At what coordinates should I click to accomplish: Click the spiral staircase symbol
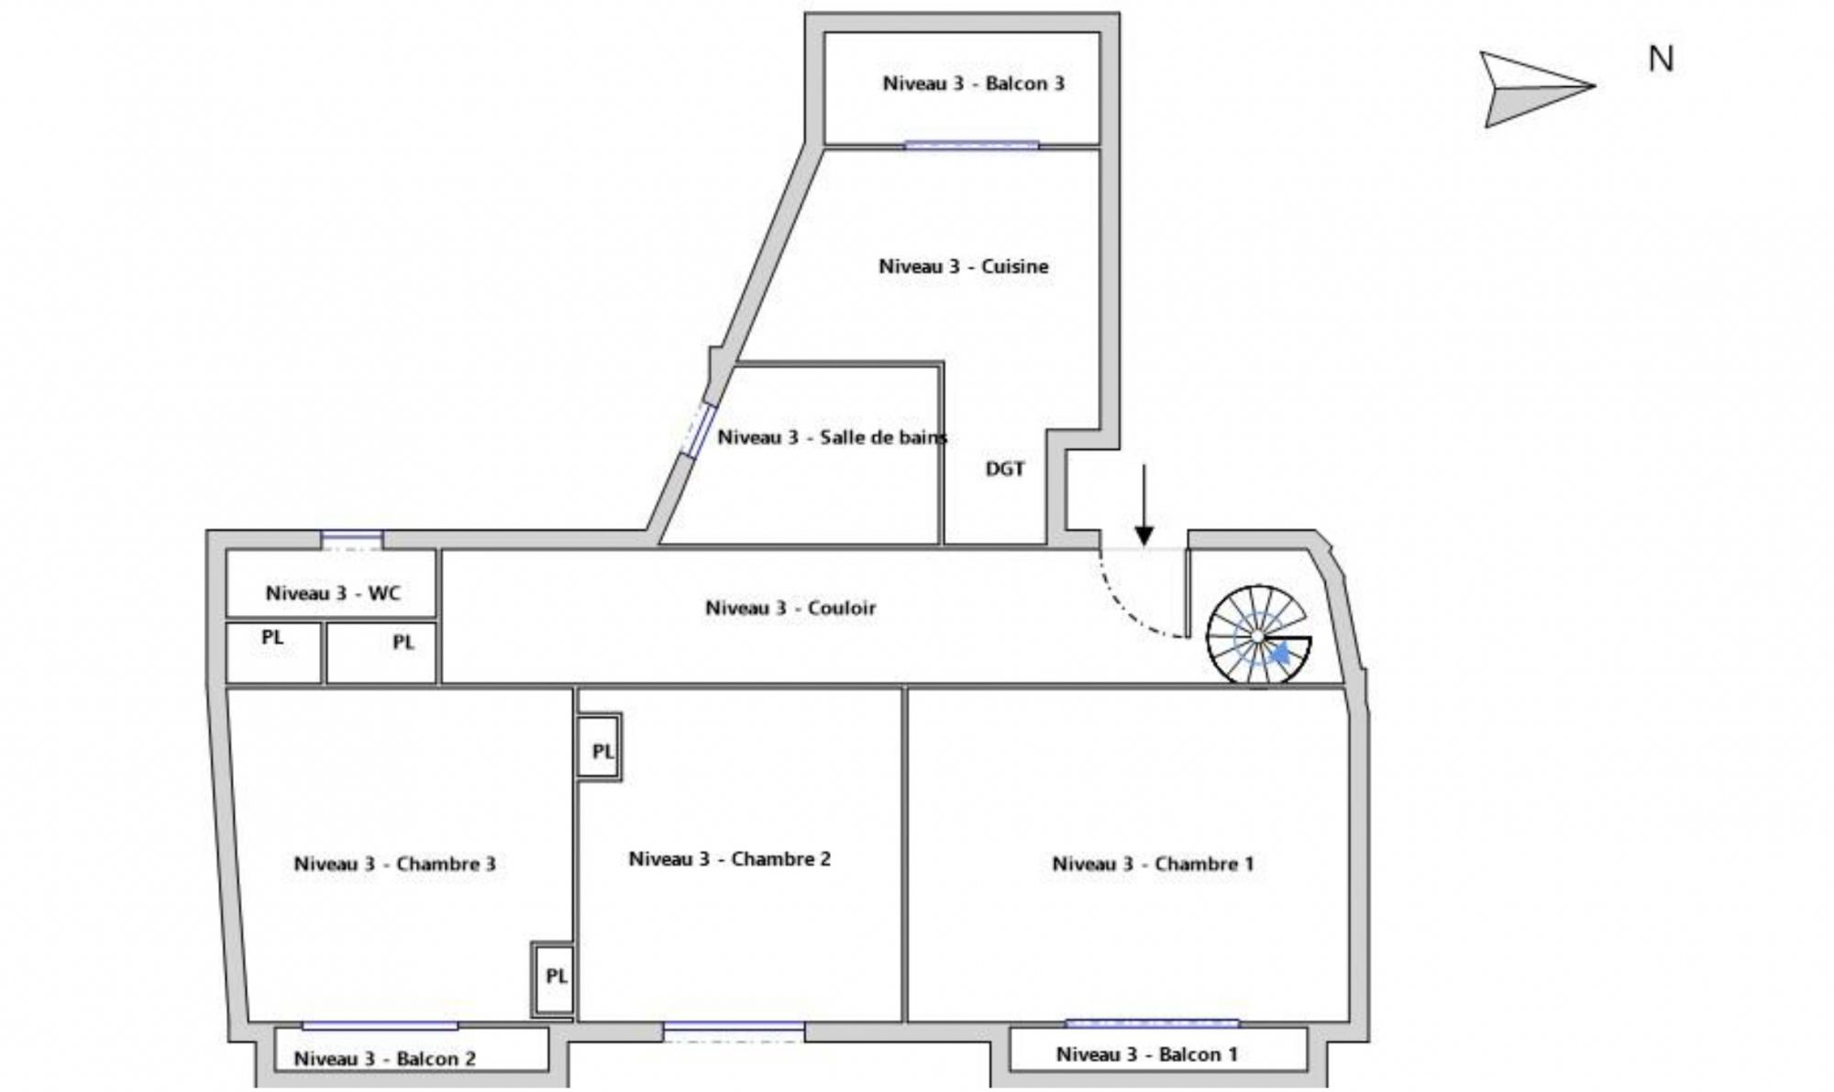pos(1258,636)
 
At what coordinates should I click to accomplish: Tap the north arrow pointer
pos(1538,89)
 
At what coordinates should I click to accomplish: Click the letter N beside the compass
pos(1661,60)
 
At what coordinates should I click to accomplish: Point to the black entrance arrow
pos(1143,505)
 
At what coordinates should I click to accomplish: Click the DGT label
pos(1005,469)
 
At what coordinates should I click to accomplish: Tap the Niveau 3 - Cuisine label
pos(963,267)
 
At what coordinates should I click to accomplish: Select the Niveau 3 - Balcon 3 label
pos(973,83)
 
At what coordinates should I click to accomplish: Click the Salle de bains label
pos(832,437)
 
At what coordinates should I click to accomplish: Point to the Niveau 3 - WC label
pos(333,593)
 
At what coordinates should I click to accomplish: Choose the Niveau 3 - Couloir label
pos(790,608)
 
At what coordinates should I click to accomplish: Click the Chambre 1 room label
pos(1153,864)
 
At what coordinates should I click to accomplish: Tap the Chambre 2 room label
pos(729,859)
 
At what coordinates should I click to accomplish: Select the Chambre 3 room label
pos(394,864)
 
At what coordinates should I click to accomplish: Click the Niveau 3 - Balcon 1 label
pos(1147,1054)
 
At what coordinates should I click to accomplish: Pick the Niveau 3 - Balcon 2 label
pos(384,1059)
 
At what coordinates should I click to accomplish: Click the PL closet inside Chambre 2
pos(600,747)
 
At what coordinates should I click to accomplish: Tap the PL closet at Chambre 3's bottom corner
pos(553,979)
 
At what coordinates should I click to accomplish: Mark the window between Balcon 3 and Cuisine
pos(972,145)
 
